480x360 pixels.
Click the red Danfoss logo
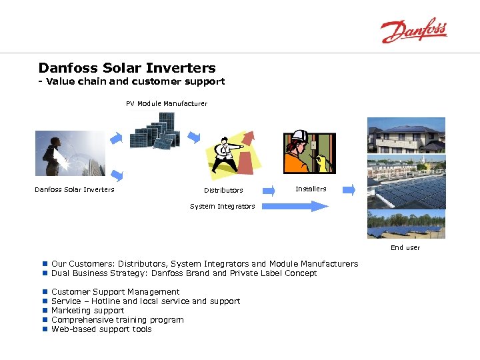[x=413, y=31]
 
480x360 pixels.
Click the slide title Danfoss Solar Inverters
[x=127, y=68]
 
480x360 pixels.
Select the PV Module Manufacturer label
[x=167, y=103]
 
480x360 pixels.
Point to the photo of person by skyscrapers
[x=70, y=153]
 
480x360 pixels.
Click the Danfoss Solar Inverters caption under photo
[x=74, y=189]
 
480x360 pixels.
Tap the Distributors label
[x=223, y=191]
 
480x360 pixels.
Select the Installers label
[x=311, y=189]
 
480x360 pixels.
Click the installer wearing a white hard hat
[x=309, y=153]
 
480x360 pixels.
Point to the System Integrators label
[x=222, y=206]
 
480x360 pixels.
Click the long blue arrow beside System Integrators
[x=293, y=206]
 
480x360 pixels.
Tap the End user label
[x=405, y=247]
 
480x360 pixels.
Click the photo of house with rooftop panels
[x=406, y=135]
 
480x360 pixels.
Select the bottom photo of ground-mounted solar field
[x=406, y=224]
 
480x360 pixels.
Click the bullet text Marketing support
[x=87, y=310]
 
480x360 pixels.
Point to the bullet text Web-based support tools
[x=101, y=329]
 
